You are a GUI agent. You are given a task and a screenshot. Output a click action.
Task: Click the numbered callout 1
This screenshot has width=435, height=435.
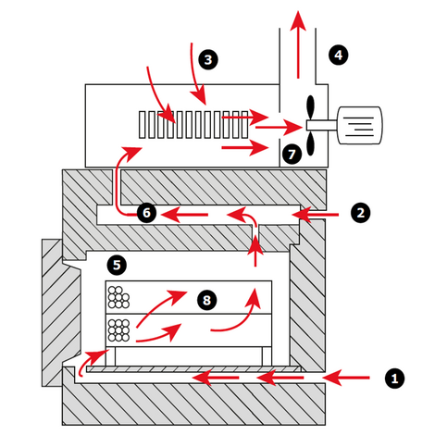(394, 379)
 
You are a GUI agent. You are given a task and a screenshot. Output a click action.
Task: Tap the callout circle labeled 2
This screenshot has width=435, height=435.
(361, 213)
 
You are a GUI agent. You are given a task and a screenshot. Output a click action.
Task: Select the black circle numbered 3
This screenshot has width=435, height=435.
(208, 59)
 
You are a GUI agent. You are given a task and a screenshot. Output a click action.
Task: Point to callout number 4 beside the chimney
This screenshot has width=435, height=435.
(339, 55)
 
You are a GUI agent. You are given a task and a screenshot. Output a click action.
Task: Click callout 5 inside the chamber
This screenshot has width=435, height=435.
(117, 265)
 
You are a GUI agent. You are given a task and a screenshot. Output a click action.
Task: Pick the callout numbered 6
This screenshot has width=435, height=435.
(146, 213)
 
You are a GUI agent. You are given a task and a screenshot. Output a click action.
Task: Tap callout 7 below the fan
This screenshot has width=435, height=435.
(292, 154)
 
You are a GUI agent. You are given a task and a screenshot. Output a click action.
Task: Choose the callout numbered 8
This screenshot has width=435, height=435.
(206, 300)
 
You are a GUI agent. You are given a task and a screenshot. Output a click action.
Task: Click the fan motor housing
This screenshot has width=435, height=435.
(360, 125)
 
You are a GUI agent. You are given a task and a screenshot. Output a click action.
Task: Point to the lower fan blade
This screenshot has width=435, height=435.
(310, 143)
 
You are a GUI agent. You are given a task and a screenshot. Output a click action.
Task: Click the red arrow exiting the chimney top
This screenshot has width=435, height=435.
(298, 44)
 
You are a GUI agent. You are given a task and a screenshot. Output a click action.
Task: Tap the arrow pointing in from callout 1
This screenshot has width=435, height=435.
(346, 378)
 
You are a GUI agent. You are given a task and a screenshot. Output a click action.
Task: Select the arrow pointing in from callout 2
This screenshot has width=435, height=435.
(316, 215)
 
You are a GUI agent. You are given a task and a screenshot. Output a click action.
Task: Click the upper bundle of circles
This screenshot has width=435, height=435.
(118, 297)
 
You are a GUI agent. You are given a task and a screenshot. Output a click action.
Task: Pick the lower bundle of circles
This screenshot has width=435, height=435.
(118, 330)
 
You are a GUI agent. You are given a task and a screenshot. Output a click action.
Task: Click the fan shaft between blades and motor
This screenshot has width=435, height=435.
(322, 125)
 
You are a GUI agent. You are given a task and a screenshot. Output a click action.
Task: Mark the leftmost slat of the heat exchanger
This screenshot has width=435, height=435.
(142, 125)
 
